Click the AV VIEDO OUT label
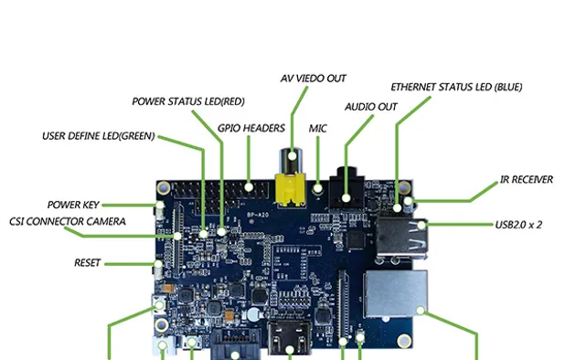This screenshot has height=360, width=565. pos(313,79)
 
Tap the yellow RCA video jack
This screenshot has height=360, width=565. pos(292,186)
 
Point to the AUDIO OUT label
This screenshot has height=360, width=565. pos(370,107)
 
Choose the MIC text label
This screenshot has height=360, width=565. pos(317,129)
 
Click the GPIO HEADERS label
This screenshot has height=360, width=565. pos(251,129)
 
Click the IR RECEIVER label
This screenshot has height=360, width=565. pos(526,180)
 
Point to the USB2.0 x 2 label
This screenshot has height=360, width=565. pos(518,224)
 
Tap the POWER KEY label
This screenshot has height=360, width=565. pos(73,205)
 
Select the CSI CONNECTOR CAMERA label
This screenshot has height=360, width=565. pos(68,221)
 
